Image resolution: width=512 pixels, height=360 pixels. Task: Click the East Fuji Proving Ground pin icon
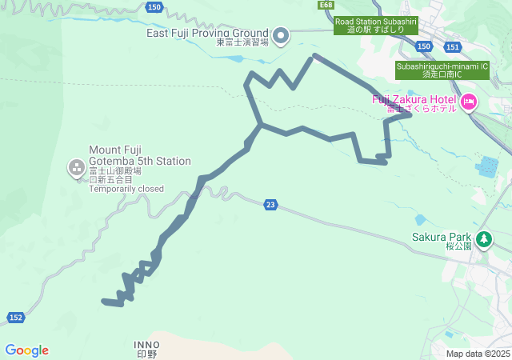(x=281, y=34)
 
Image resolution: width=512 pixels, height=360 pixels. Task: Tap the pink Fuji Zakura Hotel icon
(x=468, y=102)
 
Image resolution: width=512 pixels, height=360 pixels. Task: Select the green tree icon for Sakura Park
(x=483, y=238)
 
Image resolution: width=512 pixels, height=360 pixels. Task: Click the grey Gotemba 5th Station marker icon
(x=77, y=167)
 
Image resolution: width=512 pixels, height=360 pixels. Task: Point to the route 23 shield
(x=270, y=206)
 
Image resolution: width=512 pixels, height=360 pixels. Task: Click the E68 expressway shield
(x=325, y=5)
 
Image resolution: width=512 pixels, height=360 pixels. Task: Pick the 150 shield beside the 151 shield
(x=424, y=47)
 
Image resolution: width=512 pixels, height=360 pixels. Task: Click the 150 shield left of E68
(x=155, y=6)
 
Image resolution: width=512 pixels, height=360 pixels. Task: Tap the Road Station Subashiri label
(x=376, y=26)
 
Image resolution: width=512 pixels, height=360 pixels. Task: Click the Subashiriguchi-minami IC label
(x=442, y=70)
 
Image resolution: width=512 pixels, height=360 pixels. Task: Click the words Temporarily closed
(x=126, y=190)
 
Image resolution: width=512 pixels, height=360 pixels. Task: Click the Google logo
(x=26, y=350)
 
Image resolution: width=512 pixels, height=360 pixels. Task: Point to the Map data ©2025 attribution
(x=478, y=354)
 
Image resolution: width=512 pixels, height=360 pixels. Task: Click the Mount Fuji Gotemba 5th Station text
(x=140, y=155)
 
